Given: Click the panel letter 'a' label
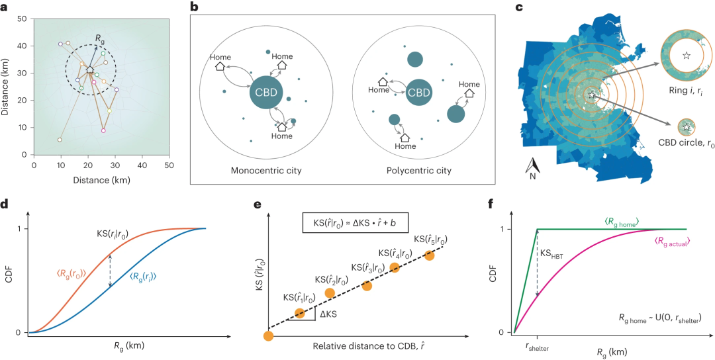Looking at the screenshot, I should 5,7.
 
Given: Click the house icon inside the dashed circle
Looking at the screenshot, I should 90,68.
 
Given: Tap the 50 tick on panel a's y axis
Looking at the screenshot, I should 23,19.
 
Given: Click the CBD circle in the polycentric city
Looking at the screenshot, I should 418,92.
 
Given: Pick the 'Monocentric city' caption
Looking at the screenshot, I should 265,171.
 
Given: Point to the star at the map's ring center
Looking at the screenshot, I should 591,95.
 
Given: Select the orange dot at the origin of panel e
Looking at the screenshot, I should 267,337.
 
